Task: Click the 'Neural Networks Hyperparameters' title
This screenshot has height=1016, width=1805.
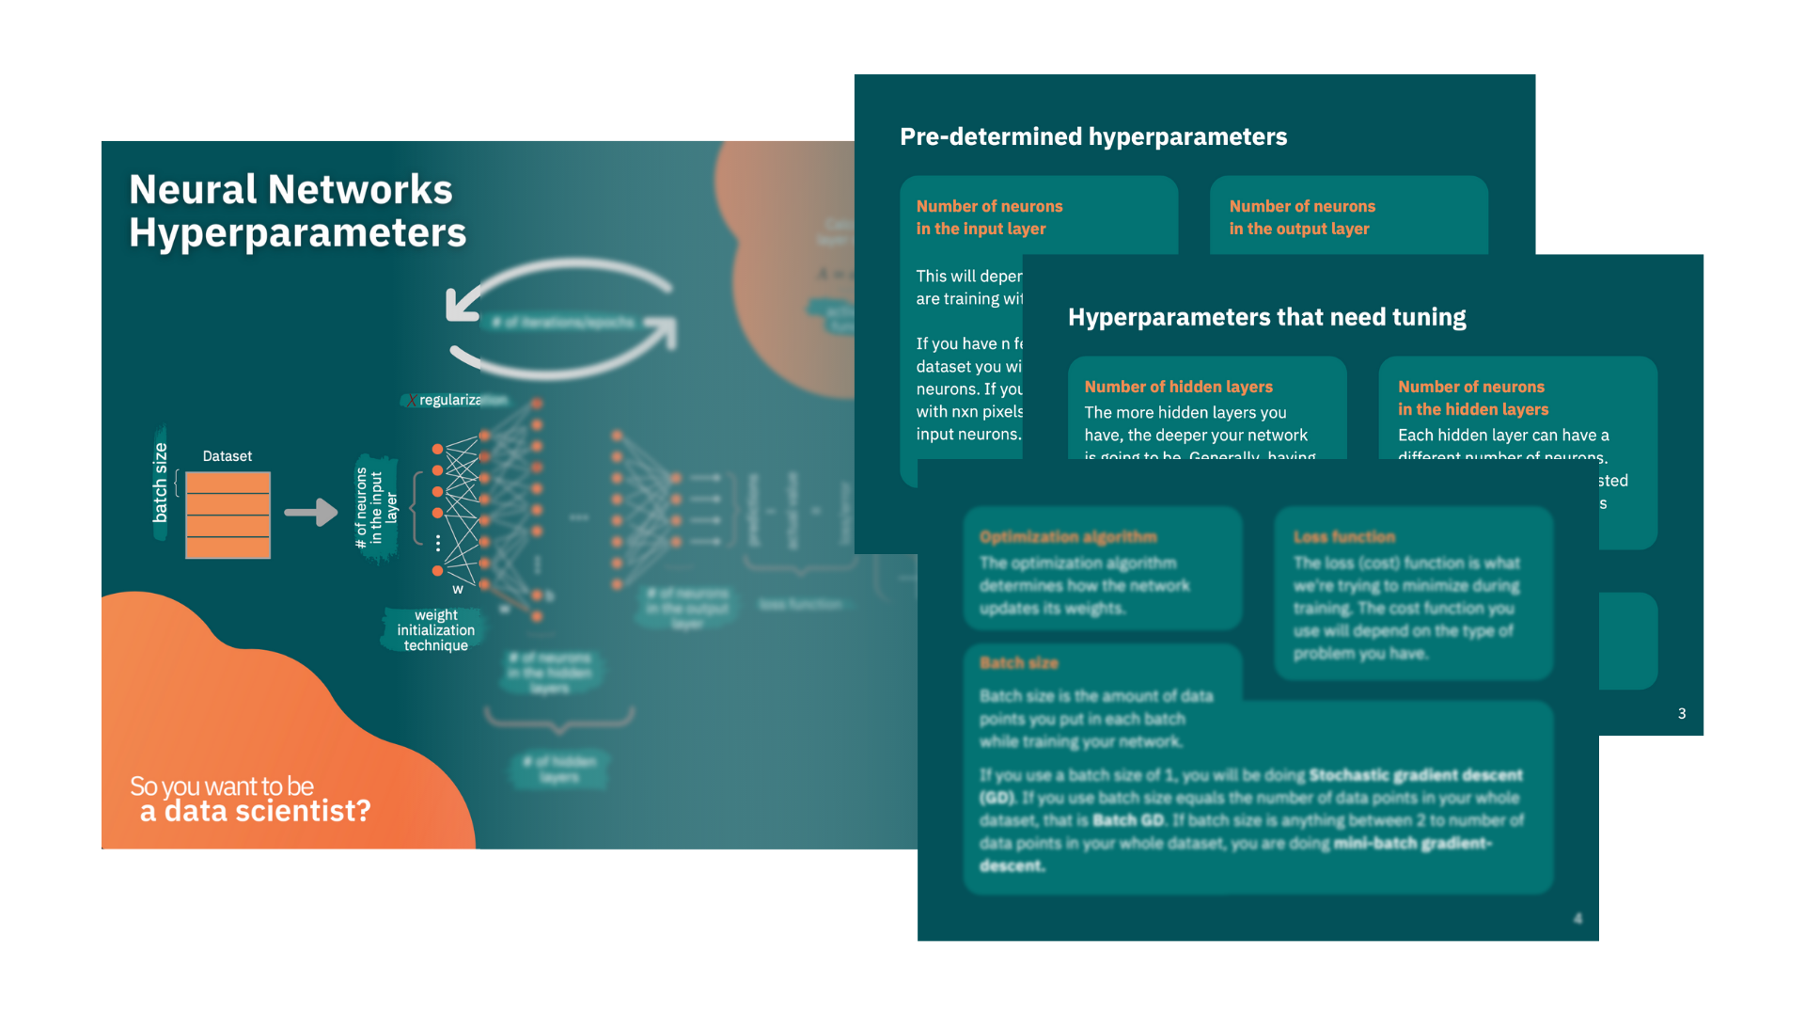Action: [x=297, y=211]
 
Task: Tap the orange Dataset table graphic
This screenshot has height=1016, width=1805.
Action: [x=228, y=515]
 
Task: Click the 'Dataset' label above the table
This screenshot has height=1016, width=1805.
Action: [x=228, y=456]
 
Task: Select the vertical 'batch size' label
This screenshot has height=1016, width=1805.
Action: [x=160, y=483]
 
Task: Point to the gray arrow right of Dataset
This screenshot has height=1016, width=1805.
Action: [x=310, y=512]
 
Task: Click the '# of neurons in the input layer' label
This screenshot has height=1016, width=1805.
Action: [x=376, y=509]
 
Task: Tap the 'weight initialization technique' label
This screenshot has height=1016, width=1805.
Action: [x=435, y=630]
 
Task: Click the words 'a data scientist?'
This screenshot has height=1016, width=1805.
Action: [x=256, y=811]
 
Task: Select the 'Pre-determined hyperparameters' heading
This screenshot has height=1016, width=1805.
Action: [x=1093, y=137]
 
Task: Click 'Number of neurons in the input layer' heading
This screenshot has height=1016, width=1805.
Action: [x=989, y=217]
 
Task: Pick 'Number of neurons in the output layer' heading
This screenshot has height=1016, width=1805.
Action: [x=1302, y=217]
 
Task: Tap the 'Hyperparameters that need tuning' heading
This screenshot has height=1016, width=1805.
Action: [x=1266, y=317]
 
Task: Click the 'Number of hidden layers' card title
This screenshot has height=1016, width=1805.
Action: [x=1178, y=387]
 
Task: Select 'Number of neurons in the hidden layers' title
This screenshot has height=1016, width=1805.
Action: [x=1472, y=398]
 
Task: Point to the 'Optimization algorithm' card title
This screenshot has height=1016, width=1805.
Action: [x=1068, y=537]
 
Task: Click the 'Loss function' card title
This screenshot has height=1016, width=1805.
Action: [x=1344, y=537]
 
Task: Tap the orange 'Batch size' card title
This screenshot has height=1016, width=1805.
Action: [x=1019, y=663]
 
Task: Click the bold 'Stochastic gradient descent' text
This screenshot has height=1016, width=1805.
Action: [x=1415, y=775]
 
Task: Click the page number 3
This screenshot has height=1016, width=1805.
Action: [x=1682, y=714]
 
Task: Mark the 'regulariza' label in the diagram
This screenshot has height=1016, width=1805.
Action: [x=449, y=401]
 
